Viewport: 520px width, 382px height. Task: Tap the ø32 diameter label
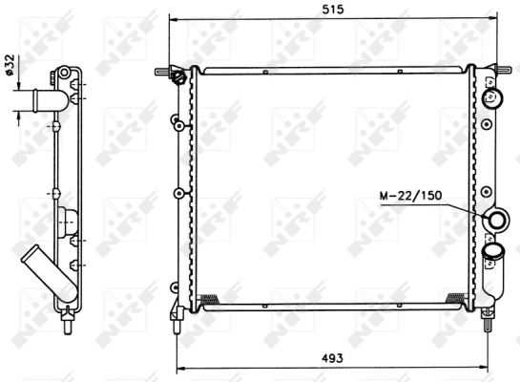click(x=9, y=65)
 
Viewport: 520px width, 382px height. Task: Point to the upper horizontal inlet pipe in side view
click(x=38, y=98)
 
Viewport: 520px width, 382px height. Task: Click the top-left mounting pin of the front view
click(x=161, y=69)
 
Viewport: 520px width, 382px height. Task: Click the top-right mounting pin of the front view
click(x=505, y=69)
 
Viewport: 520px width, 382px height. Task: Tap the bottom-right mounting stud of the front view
click(x=490, y=317)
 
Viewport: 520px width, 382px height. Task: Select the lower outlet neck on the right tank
click(x=494, y=252)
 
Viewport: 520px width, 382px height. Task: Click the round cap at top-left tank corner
click(x=178, y=77)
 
